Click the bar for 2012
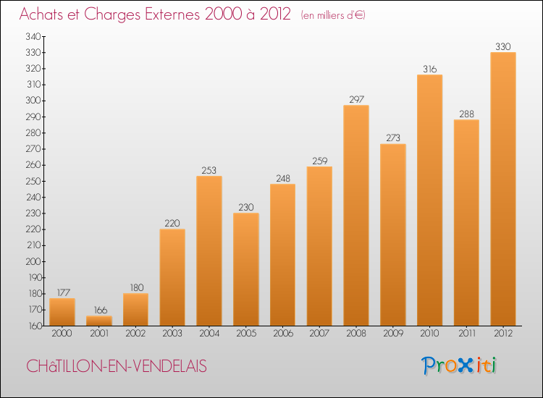coord(502,189)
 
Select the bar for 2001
coord(99,321)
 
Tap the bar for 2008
coord(355,216)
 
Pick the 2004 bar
coord(209,251)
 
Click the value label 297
coord(355,100)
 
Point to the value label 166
coord(99,310)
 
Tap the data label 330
coord(502,46)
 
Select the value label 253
coord(209,170)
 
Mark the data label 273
coord(392,138)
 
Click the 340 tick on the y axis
coord(33,36)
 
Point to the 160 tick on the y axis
coord(33,326)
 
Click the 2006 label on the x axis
coord(282,334)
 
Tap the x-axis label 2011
coord(466,334)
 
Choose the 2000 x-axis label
coord(62,334)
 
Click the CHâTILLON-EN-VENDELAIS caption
coord(117,367)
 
